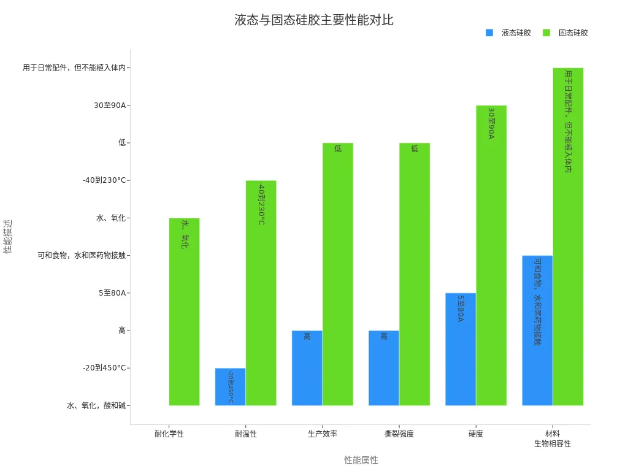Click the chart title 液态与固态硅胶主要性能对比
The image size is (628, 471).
click(x=314, y=20)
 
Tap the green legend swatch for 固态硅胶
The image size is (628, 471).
click(x=546, y=33)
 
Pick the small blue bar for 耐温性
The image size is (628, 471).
click(x=230, y=386)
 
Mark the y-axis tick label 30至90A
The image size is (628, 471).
click(x=110, y=105)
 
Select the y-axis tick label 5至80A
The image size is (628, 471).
click(x=112, y=293)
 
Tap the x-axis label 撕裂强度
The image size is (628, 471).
click(x=399, y=434)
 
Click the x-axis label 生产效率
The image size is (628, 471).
click(x=323, y=434)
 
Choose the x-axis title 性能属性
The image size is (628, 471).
click(x=361, y=460)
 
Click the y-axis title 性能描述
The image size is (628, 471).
click(x=7, y=236)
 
